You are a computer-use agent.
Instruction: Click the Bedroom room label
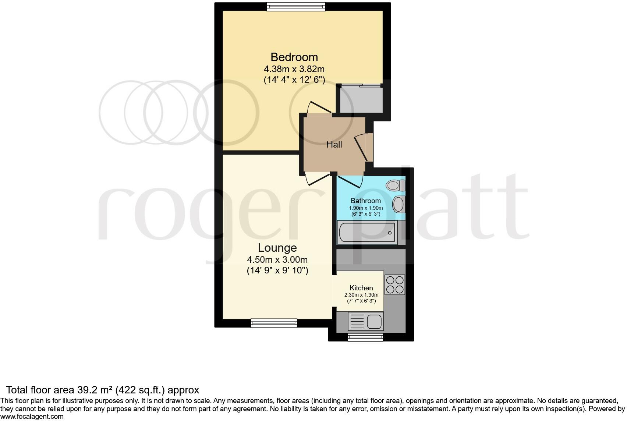pyautogui.click(x=294, y=57)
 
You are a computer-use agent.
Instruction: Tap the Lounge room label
pyautogui.click(x=277, y=248)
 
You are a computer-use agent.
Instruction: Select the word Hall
pyautogui.click(x=334, y=145)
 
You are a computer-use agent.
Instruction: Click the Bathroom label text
pyautogui.click(x=365, y=201)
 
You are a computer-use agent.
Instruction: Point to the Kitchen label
pyautogui.click(x=361, y=288)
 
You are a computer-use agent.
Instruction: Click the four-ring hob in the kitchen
pyautogui.click(x=395, y=284)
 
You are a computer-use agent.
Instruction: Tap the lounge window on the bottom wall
pyautogui.click(x=273, y=323)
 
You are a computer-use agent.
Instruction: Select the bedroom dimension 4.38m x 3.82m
pyautogui.click(x=294, y=69)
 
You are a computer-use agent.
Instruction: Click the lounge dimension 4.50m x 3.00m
pyautogui.click(x=277, y=260)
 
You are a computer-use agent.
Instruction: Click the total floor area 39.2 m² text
pyautogui.click(x=103, y=390)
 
